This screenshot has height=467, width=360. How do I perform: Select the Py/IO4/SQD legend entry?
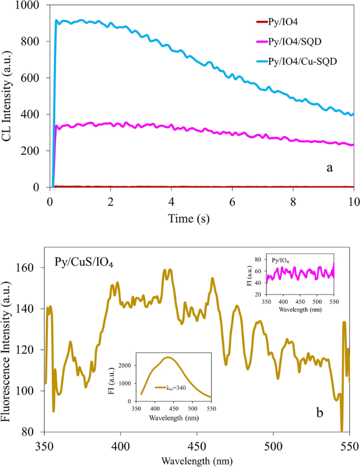click(x=304, y=41)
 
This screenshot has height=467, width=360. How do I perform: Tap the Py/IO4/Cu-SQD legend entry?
click(x=310, y=61)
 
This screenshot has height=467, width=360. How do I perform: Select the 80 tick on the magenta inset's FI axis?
click(x=260, y=260)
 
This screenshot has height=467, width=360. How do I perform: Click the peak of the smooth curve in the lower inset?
click(x=168, y=357)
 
